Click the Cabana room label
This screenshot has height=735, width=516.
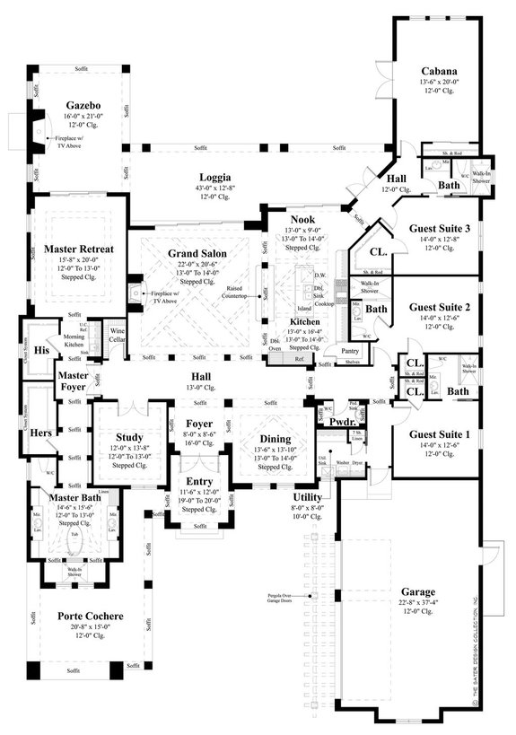(x=440, y=72)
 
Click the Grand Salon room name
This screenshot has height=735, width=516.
(x=197, y=254)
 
